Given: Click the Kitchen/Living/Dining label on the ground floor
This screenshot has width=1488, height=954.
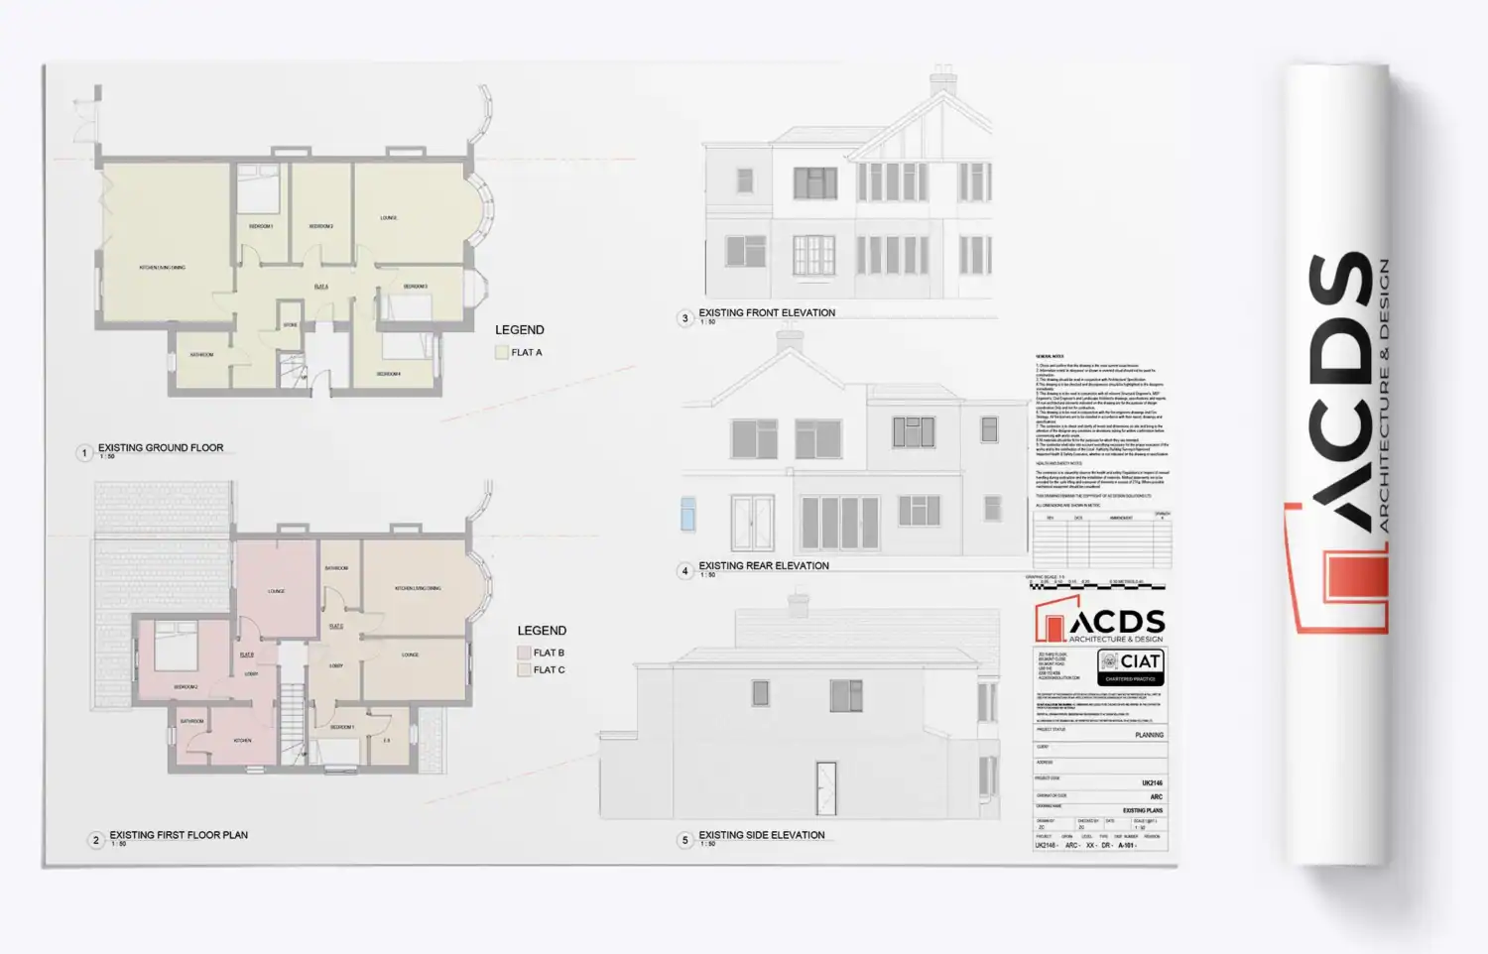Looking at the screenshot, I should click(x=162, y=268).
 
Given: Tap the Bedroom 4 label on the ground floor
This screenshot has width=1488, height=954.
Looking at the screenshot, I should click(x=388, y=374).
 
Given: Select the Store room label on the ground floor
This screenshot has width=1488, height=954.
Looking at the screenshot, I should click(x=291, y=325).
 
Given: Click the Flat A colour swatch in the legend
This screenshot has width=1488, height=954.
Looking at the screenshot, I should click(x=502, y=352).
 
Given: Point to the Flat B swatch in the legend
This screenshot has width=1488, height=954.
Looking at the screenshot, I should click(x=524, y=653).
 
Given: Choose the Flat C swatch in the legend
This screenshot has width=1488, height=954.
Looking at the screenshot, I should click(x=524, y=670).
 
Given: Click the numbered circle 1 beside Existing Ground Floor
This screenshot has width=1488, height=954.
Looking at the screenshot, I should click(x=84, y=453).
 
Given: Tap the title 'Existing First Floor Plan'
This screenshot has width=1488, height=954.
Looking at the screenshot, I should click(x=179, y=835).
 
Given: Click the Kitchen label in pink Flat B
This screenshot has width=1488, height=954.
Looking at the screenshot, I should click(x=242, y=741).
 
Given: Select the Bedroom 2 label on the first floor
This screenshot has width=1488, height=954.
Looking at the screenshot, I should click(x=186, y=686).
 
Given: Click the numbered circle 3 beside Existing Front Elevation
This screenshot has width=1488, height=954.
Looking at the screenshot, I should click(x=684, y=318).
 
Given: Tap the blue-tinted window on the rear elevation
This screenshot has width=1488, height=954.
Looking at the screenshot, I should click(x=687, y=514).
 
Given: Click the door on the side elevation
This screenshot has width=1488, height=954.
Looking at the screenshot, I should click(x=825, y=788).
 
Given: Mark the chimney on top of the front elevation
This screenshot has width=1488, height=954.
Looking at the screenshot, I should click(x=942, y=81).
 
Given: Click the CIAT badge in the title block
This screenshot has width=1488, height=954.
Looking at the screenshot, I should click(x=1130, y=667).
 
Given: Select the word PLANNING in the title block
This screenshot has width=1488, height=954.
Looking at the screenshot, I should click(x=1149, y=735).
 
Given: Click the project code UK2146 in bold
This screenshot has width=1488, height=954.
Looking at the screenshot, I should click(x=1151, y=782).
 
